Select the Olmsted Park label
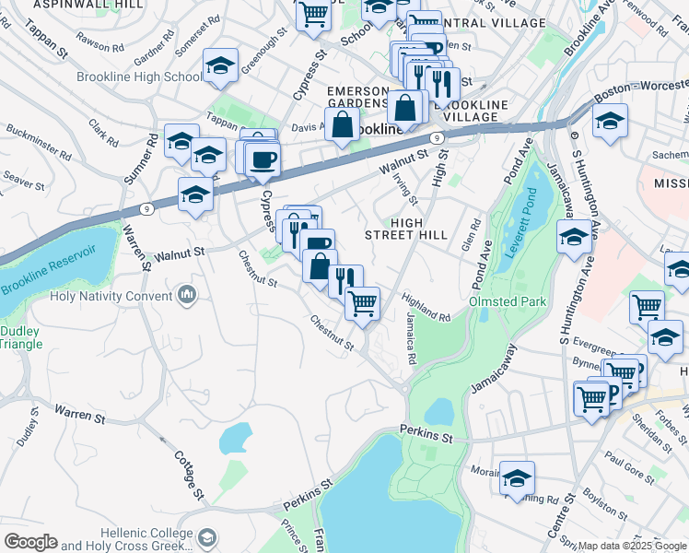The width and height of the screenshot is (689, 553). [508, 301]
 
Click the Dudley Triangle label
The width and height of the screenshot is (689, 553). [20, 337]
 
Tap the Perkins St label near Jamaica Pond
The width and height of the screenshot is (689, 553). [427, 431]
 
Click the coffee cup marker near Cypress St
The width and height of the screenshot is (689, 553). [263, 159]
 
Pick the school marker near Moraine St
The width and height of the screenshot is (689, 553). [518, 477]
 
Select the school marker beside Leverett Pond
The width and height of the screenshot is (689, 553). [573, 238]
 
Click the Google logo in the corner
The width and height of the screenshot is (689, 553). [30, 542]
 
